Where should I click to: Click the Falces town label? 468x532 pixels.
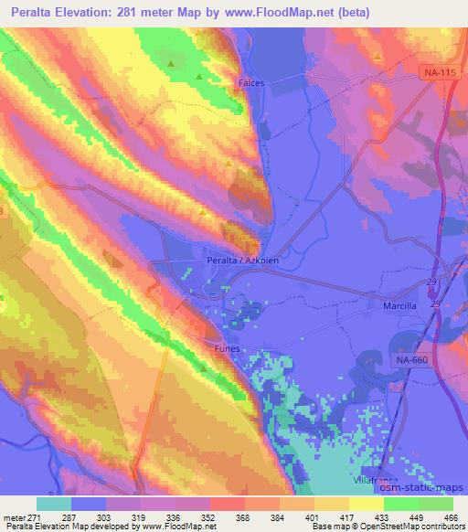tap(251, 83)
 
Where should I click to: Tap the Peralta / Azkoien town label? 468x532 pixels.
tap(236, 257)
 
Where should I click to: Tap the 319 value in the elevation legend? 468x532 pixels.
tap(138, 517)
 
